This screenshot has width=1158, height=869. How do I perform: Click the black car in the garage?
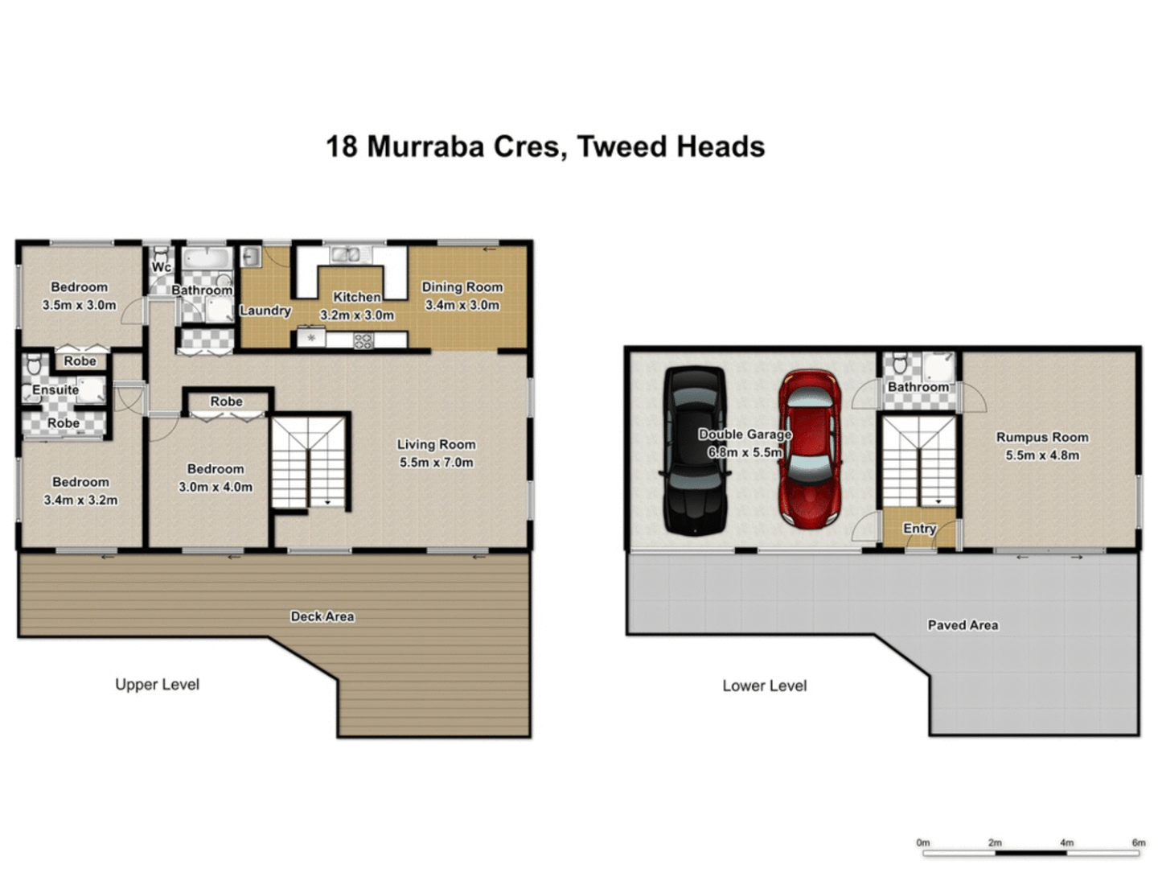pos(696,451)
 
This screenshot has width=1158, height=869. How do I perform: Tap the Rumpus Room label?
pos(1042,437)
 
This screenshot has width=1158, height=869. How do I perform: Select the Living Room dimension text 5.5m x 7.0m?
pos(436,463)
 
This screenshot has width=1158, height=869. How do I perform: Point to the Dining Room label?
pos(462,286)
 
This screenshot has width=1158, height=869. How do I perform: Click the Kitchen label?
pos(357,297)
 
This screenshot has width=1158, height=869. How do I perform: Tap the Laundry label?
pos(265,311)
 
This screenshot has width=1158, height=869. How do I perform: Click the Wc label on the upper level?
pos(161,267)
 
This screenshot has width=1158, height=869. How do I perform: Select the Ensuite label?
pos(55,390)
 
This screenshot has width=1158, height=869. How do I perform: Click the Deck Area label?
pos(322,616)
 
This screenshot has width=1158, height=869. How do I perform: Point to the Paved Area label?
pos(963,625)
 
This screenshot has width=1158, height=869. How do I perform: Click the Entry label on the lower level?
pos(919,529)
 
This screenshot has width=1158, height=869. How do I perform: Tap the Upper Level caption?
pos(157,685)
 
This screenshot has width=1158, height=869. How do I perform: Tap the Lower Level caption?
pos(764,686)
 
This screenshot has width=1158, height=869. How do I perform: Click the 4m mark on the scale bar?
pos(1066,842)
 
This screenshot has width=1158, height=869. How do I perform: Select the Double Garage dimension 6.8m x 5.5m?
pos(745,453)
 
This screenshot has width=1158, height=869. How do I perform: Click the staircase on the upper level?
pos(310,463)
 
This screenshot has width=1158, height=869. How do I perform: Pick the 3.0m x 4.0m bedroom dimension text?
pos(216,487)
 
